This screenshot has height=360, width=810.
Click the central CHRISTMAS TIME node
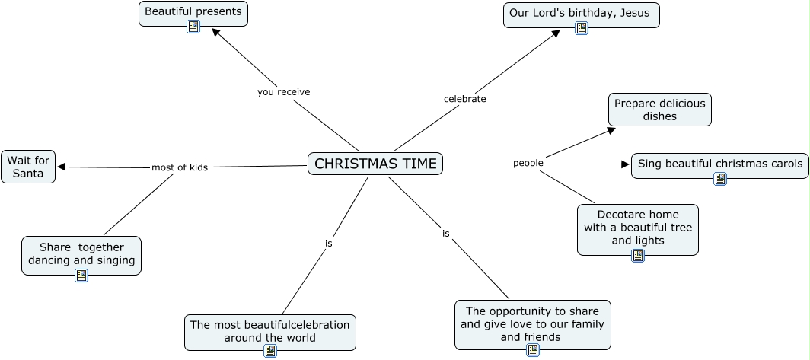point(375,164)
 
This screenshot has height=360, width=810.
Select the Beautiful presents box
point(193,11)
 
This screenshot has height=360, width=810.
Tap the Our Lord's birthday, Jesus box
point(581,13)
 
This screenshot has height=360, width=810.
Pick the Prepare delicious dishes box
point(659,110)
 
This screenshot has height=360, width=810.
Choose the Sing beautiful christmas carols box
point(719,163)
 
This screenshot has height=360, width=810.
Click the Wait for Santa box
point(28,167)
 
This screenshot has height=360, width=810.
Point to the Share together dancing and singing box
point(81,253)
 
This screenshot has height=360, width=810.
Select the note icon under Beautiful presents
point(193,27)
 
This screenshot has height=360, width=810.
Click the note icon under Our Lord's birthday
point(582,28)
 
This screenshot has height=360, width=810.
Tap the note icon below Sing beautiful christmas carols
point(720,179)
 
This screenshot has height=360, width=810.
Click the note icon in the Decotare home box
point(638,256)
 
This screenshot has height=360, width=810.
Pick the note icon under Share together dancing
point(81,276)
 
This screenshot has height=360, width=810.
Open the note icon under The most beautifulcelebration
point(270,351)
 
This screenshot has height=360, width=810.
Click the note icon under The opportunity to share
point(533,350)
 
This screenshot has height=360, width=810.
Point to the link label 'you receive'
point(283,92)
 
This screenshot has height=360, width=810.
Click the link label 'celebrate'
point(464,99)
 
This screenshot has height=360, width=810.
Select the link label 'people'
point(528,163)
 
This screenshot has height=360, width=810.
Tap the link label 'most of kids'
point(180,167)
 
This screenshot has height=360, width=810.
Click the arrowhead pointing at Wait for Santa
point(62,167)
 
